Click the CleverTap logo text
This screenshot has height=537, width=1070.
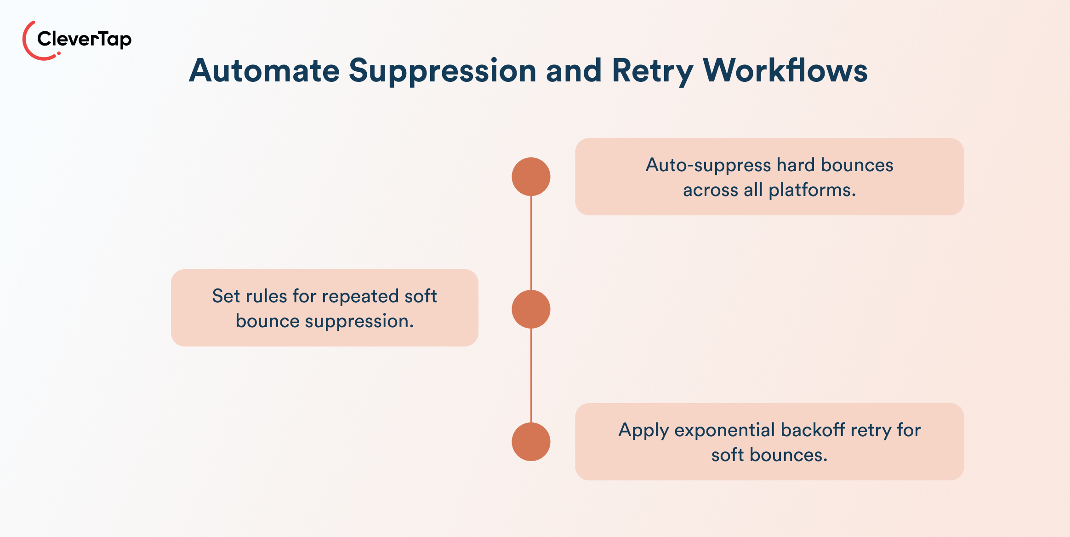tap(84, 39)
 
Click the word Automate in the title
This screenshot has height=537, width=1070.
tap(264, 71)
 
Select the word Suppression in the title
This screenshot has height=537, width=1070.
tap(442, 71)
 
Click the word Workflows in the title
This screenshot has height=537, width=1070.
tap(785, 71)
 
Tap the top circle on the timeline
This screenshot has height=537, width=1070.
tap(531, 177)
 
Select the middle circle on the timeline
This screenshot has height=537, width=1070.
tap(531, 309)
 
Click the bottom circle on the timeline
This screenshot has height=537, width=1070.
tap(531, 442)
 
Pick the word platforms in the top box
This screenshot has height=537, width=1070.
tap(812, 190)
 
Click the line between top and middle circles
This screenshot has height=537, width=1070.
tap(531, 243)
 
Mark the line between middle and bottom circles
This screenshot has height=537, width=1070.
tap(531, 375)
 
